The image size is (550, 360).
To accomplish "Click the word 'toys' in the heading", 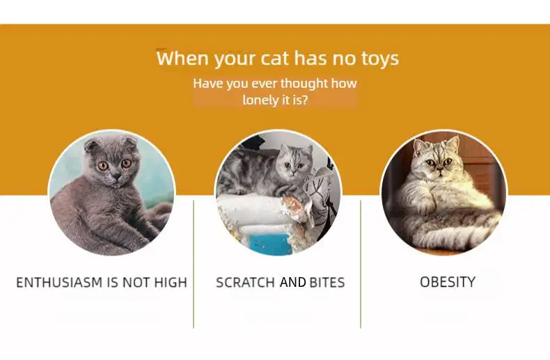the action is pyautogui.click(x=380, y=58).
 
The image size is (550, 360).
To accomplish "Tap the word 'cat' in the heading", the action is pyautogui.click(x=274, y=58).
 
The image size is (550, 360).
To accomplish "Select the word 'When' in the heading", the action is pyautogui.click(x=182, y=58).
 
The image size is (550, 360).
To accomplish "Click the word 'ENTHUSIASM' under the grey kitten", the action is pyautogui.click(x=59, y=283).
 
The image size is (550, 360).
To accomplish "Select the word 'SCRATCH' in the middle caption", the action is pyautogui.click(x=245, y=283).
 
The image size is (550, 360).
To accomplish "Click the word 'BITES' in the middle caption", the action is pyautogui.click(x=327, y=283).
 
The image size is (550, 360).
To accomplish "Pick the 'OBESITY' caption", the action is pyautogui.click(x=448, y=282).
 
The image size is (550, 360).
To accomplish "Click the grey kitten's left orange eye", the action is pyautogui.click(x=103, y=166).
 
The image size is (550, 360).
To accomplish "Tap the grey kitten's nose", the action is pyautogui.click(x=116, y=175).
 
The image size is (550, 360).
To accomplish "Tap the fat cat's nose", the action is pyautogui.click(x=439, y=169).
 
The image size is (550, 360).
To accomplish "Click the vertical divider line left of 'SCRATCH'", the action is pyautogui.click(x=194, y=264).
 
